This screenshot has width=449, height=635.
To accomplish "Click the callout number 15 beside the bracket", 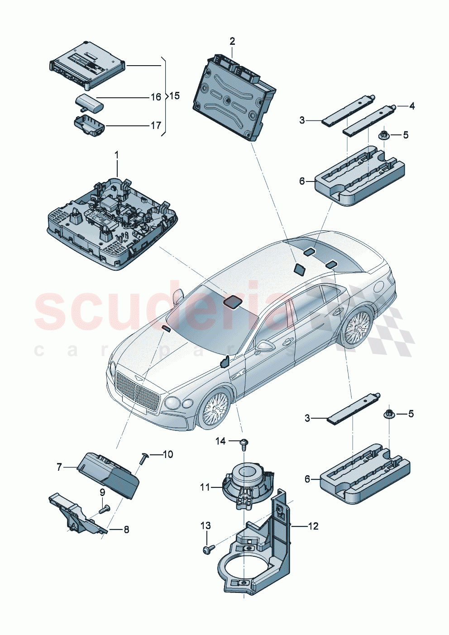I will point(174,96).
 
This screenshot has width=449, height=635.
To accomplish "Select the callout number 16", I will point(156,97).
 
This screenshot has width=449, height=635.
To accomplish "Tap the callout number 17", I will point(156,125).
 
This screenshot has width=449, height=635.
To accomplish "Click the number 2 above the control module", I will point(232,42).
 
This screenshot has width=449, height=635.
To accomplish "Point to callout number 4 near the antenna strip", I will point(411,106).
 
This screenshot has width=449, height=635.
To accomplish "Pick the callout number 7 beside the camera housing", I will point(59,467).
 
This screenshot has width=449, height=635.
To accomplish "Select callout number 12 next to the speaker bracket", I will point(313,526).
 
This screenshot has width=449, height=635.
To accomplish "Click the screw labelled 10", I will point(143,458).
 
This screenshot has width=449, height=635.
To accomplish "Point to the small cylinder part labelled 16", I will point(89,102).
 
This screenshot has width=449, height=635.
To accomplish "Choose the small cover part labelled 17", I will point(89,125).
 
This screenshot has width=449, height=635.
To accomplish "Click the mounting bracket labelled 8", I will point(77,516).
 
